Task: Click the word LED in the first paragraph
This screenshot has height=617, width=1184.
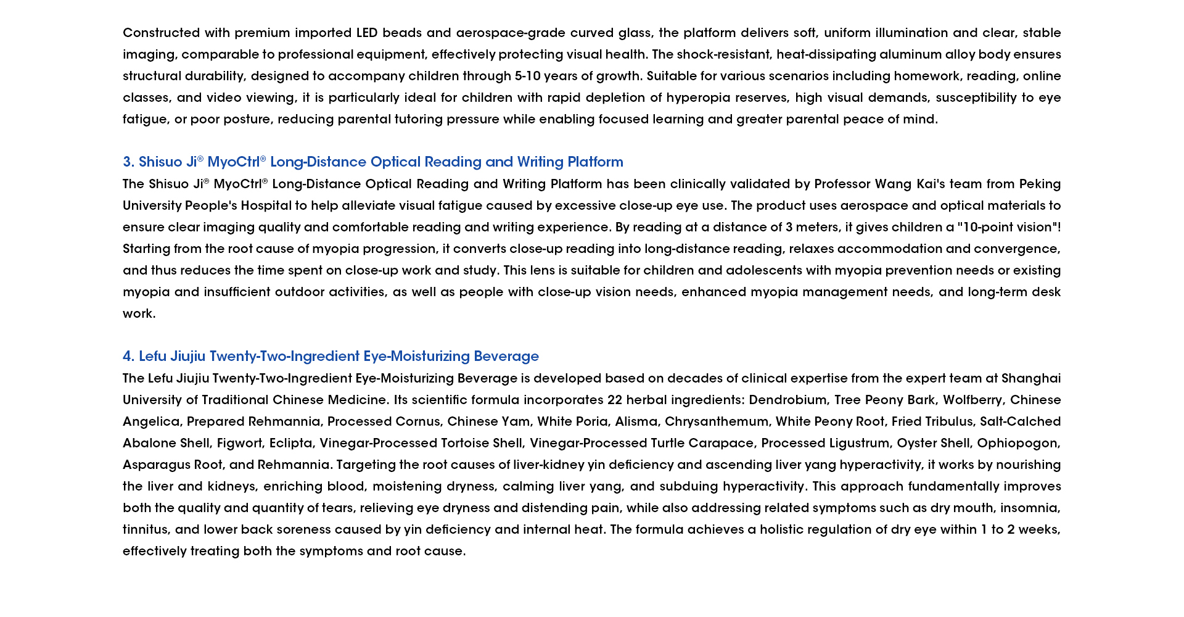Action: (367, 33)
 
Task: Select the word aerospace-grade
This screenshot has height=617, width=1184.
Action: (511, 33)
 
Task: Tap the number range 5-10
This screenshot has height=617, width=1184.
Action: (527, 76)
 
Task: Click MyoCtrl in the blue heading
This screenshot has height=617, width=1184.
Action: (234, 162)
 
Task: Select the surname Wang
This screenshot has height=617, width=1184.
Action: (894, 184)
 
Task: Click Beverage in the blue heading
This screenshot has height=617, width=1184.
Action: (506, 357)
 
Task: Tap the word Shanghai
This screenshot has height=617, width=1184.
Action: (1031, 378)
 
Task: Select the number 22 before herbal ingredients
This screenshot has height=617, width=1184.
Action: (614, 400)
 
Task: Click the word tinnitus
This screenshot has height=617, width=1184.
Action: (145, 529)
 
